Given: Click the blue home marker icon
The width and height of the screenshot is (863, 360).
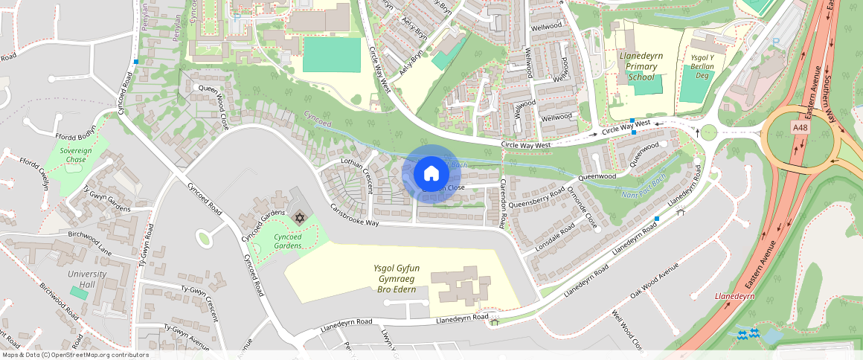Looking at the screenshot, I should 431,174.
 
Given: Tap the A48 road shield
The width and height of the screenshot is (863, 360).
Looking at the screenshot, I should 801,128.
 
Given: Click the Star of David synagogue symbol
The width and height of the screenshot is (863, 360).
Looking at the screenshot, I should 300,218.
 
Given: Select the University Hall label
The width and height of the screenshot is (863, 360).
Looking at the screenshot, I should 86,279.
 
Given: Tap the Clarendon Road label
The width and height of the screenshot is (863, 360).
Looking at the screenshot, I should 504,202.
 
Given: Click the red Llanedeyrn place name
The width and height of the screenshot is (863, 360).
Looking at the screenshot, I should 734,296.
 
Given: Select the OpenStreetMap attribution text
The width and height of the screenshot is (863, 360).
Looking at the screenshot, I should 75,355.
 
